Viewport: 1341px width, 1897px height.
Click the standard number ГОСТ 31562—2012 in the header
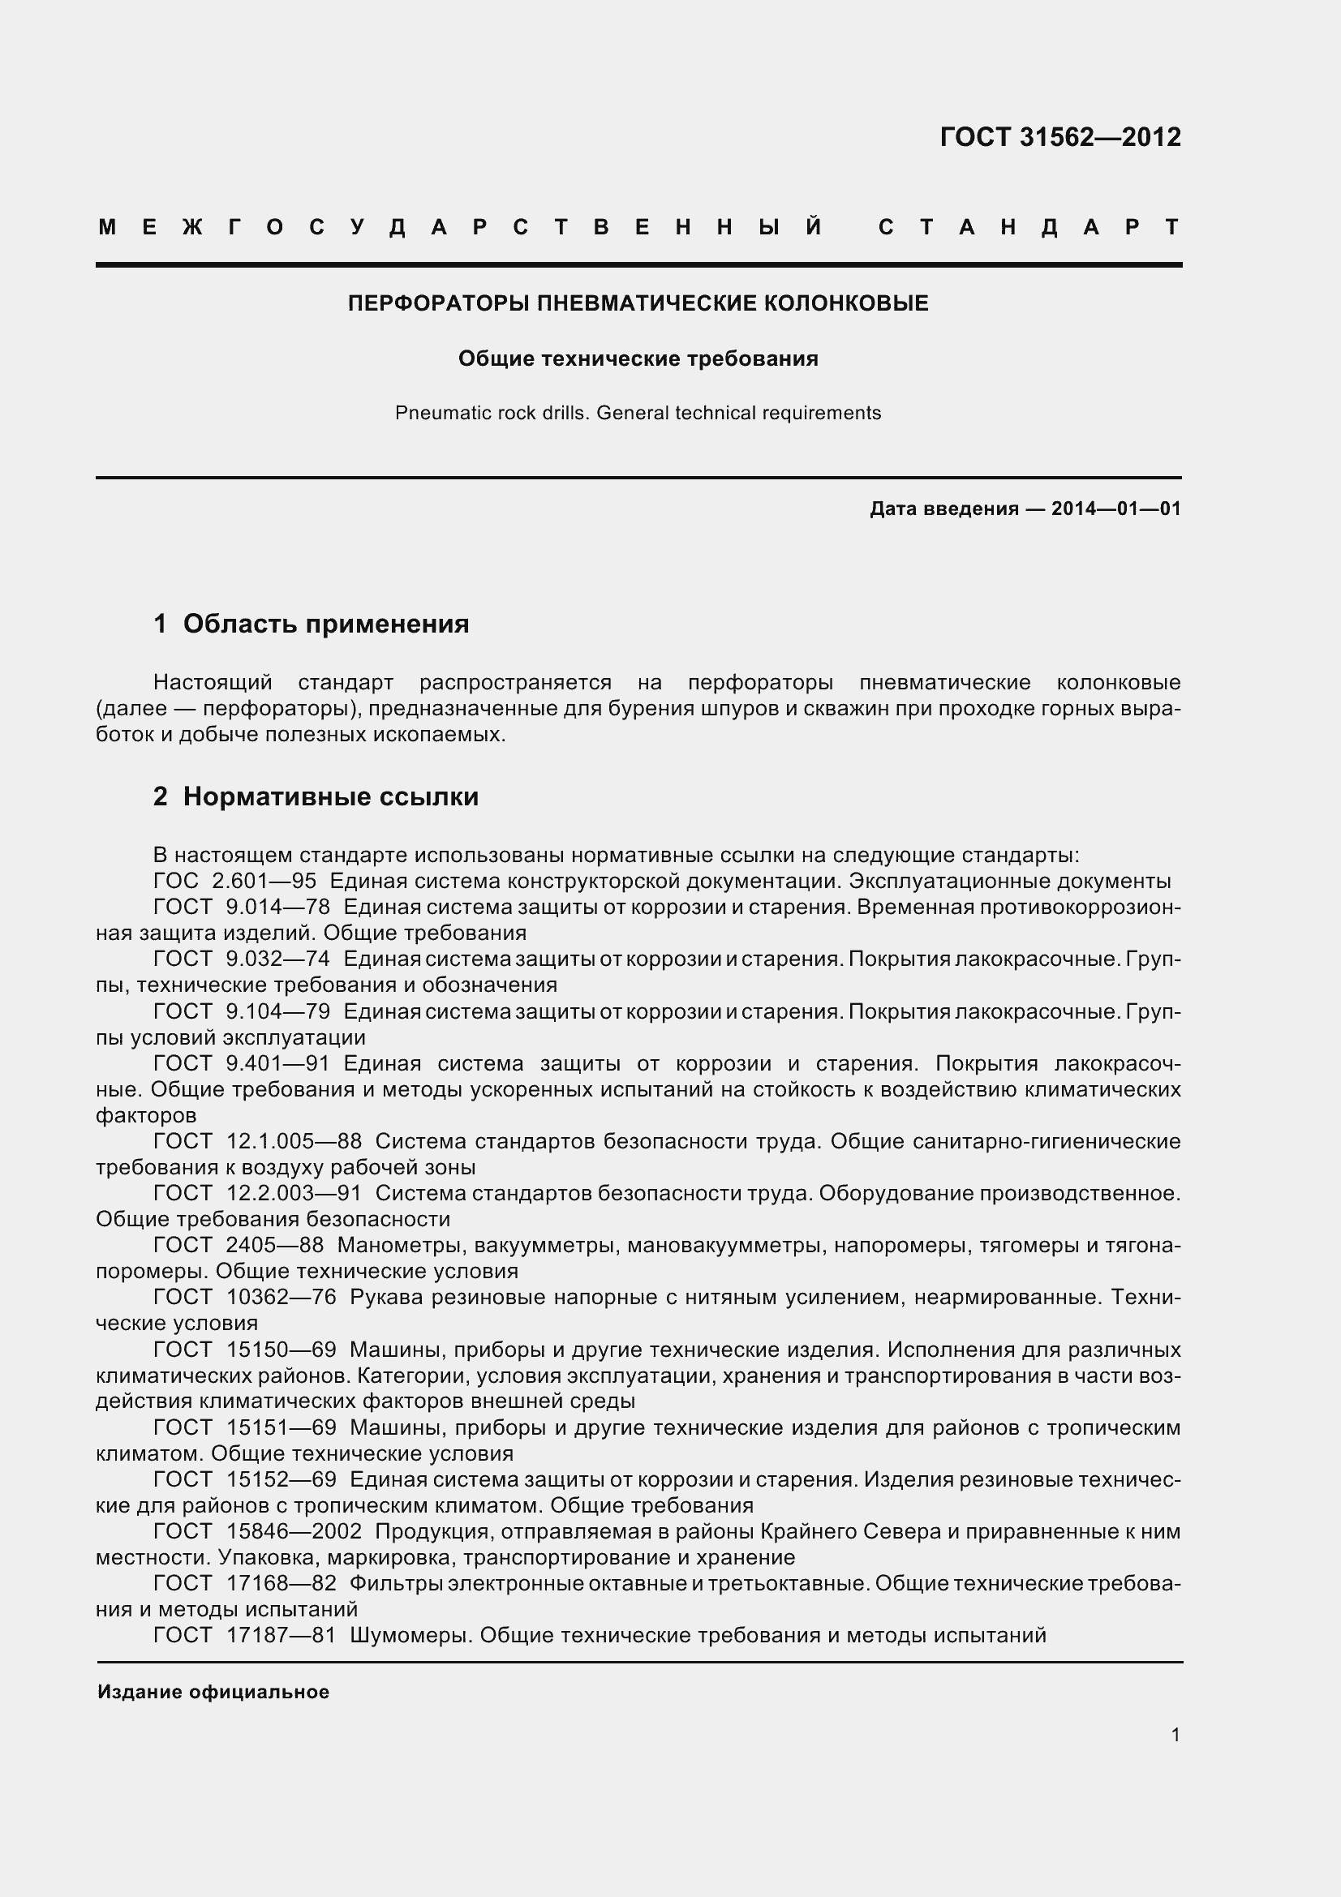pyautogui.click(x=1060, y=137)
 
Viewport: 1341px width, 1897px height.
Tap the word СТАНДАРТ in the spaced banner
pyautogui.click(x=1029, y=227)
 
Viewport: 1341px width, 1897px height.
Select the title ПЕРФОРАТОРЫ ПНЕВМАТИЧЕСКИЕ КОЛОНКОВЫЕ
pyautogui.click(x=638, y=303)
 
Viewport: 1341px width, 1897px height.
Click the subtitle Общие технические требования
pyautogui.click(x=638, y=358)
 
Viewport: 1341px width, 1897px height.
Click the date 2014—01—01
pyautogui.click(x=1116, y=509)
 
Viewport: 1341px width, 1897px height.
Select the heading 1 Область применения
pyautogui.click(x=312, y=624)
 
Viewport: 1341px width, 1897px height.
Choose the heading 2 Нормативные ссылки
pyautogui.click(x=316, y=796)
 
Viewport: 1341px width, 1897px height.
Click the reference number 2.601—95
pyautogui.click(x=264, y=881)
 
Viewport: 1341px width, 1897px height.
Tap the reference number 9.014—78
pyautogui.click(x=277, y=908)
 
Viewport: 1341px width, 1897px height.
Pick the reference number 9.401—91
pyautogui.click(x=277, y=1063)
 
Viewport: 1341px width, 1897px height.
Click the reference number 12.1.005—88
pyautogui.click(x=294, y=1141)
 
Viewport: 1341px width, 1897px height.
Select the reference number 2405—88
pyautogui.click(x=274, y=1245)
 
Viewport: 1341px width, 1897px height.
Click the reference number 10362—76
pyautogui.click(x=281, y=1297)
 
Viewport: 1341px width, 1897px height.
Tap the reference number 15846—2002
pyautogui.click(x=294, y=1532)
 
